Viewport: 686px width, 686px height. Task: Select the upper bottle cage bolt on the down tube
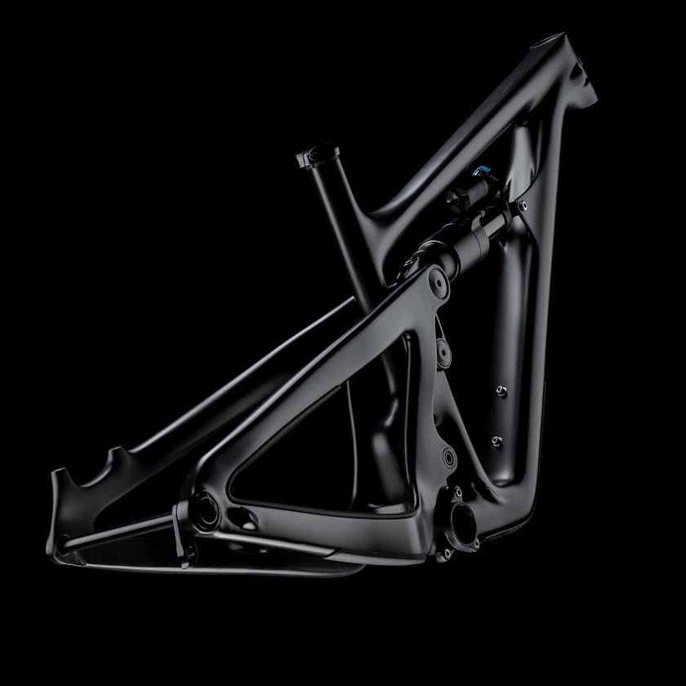pyautogui.click(x=500, y=390)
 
